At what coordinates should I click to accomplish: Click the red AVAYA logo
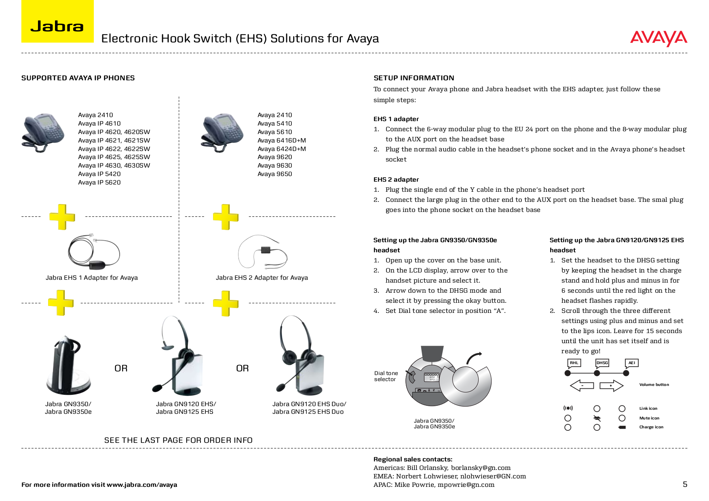pyautogui.click(x=658, y=38)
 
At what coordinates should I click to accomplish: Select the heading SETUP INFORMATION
pyautogui.click(x=414, y=78)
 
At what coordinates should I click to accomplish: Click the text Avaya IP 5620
pyautogui.click(x=99, y=182)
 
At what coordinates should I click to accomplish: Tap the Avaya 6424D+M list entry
pyautogui.click(x=281, y=149)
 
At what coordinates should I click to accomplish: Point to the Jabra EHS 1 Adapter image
pyautogui.click(x=94, y=252)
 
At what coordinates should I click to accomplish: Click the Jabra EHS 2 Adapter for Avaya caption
pyautogui.click(x=262, y=278)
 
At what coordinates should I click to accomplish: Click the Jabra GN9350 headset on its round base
pyautogui.click(x=68, y=365)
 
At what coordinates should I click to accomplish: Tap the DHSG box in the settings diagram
pyautogui.click(x=602, y=363)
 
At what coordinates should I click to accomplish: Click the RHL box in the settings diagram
pyautogui.click(x=574, y=363)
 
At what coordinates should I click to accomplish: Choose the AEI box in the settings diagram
pyautogui.click(x=631, y=363)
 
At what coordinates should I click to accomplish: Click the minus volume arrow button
pyautogui.click(x=582, y=386)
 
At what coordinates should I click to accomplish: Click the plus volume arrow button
pyautogui.click(x=611, y=386)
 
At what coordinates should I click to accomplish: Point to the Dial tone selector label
pyautogui.click(x=386, y=376)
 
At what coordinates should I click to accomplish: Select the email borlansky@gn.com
pyautogui.click(x=481, y=468)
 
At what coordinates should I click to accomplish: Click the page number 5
pyautogui.click(x=685, y=484)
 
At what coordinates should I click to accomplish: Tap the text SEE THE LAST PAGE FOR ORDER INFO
pyautogui.click(x=178, y=440)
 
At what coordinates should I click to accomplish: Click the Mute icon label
pyautogui.click(x=649, y=418)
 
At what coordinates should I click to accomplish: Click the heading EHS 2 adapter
pyautogui.click(x=396, y=180)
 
